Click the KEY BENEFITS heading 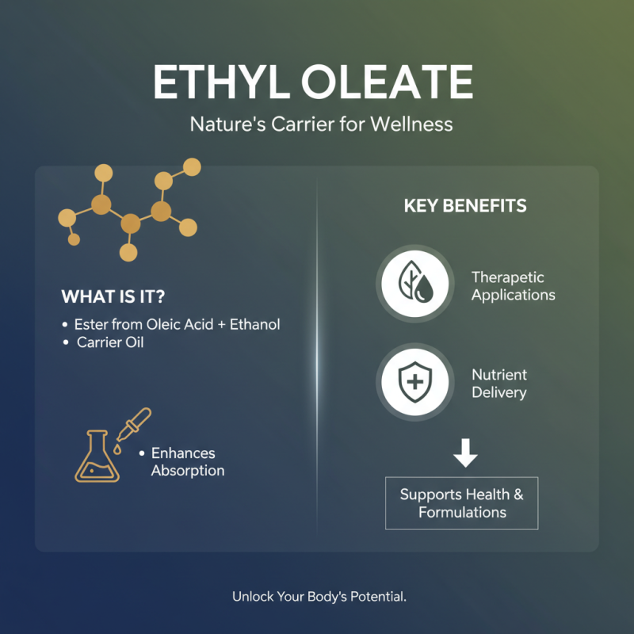[x=465, y=206]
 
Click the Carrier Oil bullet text [x=112, y=343]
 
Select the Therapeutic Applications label [x=513, y=286]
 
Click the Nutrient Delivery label [x=499, y=384]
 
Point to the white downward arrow [x=465, y=454]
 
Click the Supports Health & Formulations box [x=461, y=503]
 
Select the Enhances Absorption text [x=188, y=462]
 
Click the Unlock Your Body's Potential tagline [x=319, y=596]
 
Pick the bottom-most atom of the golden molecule [x=128, y=252]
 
